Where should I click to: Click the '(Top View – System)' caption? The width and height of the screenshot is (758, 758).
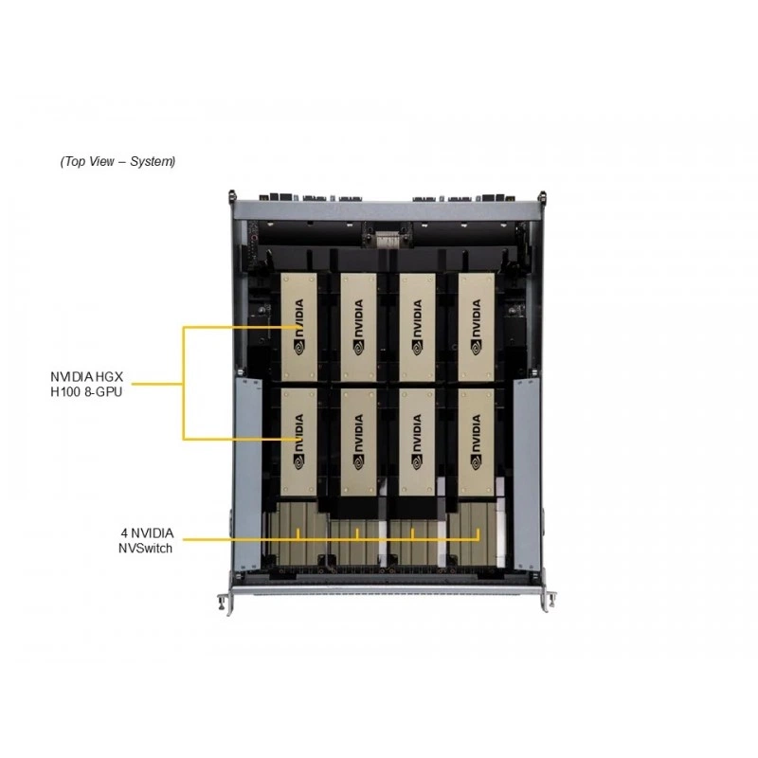[117, 161]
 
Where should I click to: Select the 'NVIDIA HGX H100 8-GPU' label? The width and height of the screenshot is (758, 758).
[86, 384]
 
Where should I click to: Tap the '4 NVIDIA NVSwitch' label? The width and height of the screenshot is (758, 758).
[147, 540]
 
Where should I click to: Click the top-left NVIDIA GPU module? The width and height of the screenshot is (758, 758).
[299, 327]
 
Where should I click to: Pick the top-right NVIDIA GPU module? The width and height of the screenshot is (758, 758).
[477, 327]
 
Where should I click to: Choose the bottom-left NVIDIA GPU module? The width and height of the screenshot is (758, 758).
[299, 442]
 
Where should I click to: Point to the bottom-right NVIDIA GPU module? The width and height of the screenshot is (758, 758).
[477, 442]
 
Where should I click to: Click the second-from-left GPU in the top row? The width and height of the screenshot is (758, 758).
[359, 327]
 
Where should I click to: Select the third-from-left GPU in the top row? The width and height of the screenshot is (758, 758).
[417, 327]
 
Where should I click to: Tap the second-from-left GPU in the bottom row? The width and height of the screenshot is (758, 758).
[359, 442]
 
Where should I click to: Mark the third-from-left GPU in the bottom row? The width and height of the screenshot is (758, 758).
[417, 442]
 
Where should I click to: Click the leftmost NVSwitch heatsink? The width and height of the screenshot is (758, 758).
[296, 533]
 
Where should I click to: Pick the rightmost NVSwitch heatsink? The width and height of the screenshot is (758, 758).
[474, 533]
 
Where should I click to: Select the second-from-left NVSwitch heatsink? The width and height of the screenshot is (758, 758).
[354, 541]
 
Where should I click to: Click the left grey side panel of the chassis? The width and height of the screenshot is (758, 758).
[247, 475]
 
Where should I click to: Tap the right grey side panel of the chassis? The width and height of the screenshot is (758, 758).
[527, 475]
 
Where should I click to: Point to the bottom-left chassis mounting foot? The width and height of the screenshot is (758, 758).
[226, 603]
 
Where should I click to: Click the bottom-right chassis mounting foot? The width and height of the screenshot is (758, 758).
[550, 601]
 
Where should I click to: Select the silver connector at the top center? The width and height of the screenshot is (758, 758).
[387, 240]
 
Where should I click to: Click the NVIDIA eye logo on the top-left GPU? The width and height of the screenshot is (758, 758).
[299, 347]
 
